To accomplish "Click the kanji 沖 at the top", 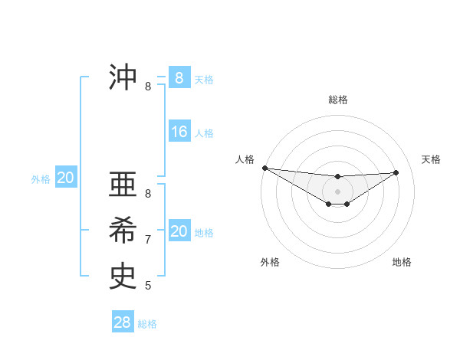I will [x=123, y=77].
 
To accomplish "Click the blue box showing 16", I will [x=179, y=132].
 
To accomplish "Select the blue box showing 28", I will [x=123, y=322].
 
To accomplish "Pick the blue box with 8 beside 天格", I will [x=179, y=78].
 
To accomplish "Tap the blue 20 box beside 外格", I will [x=66, y=178].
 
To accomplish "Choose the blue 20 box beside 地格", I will [x=179, y=231].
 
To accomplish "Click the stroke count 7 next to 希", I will [x=148, y=240].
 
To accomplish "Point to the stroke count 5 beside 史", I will [x=148, y=286].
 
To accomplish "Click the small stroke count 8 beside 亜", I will [x=148, y=194].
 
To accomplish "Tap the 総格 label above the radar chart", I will [x=338, y=100].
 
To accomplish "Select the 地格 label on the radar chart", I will [x=402, y=262].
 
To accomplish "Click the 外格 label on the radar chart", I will [x=270, y=262].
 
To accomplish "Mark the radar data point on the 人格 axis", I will [x=264, y=168].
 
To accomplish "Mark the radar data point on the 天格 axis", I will [x=396, y=172].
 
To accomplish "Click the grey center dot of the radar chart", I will [x=338, y=191].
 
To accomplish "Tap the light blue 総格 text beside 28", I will [x=147, y=324].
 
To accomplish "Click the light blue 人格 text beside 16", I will [x=204, y=133].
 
